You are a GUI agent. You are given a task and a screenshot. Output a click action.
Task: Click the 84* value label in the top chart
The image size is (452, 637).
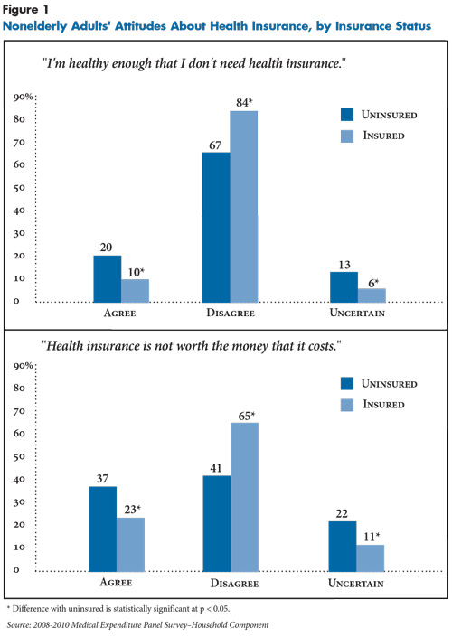coord(244,102)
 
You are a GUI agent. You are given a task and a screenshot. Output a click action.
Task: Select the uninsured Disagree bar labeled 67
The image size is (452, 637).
coord(216,228)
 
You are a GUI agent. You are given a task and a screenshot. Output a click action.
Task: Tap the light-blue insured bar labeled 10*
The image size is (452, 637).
coord(135,291)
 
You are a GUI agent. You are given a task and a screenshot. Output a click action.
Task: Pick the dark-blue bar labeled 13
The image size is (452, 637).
coord(344,287)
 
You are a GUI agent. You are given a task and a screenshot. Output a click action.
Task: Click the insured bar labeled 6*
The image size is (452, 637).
coord(372,295)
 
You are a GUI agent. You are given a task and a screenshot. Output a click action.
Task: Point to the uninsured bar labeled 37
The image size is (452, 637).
coord(102,529)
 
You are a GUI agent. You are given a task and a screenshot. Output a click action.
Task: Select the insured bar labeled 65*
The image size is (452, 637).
coord(244,497)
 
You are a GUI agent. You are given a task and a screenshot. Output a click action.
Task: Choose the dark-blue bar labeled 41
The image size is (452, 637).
coord(217,524)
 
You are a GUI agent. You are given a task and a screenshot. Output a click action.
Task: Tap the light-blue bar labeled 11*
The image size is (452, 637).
coord(371,558)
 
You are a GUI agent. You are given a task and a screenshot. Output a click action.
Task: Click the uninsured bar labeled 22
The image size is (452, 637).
coord(343,547)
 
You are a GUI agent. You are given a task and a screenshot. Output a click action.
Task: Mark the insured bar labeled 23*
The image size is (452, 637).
coord(130,544)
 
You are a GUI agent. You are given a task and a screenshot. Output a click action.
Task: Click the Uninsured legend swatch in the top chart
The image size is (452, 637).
coord(347,115)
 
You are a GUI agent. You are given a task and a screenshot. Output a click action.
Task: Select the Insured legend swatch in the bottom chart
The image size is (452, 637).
coord(347,405)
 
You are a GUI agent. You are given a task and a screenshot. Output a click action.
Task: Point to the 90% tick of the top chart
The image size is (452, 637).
coord(23,97)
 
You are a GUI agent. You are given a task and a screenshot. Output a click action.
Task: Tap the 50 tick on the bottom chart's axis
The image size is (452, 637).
coord(19,456)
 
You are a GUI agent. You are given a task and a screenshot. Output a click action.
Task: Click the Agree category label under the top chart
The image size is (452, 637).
coord(119,313)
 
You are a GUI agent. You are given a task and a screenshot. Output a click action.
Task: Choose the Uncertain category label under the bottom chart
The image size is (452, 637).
coord(356,584)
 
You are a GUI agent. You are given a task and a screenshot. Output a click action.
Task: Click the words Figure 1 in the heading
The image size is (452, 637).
coord(25,9)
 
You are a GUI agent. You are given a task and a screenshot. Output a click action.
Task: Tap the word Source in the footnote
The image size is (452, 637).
coord(17,625)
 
